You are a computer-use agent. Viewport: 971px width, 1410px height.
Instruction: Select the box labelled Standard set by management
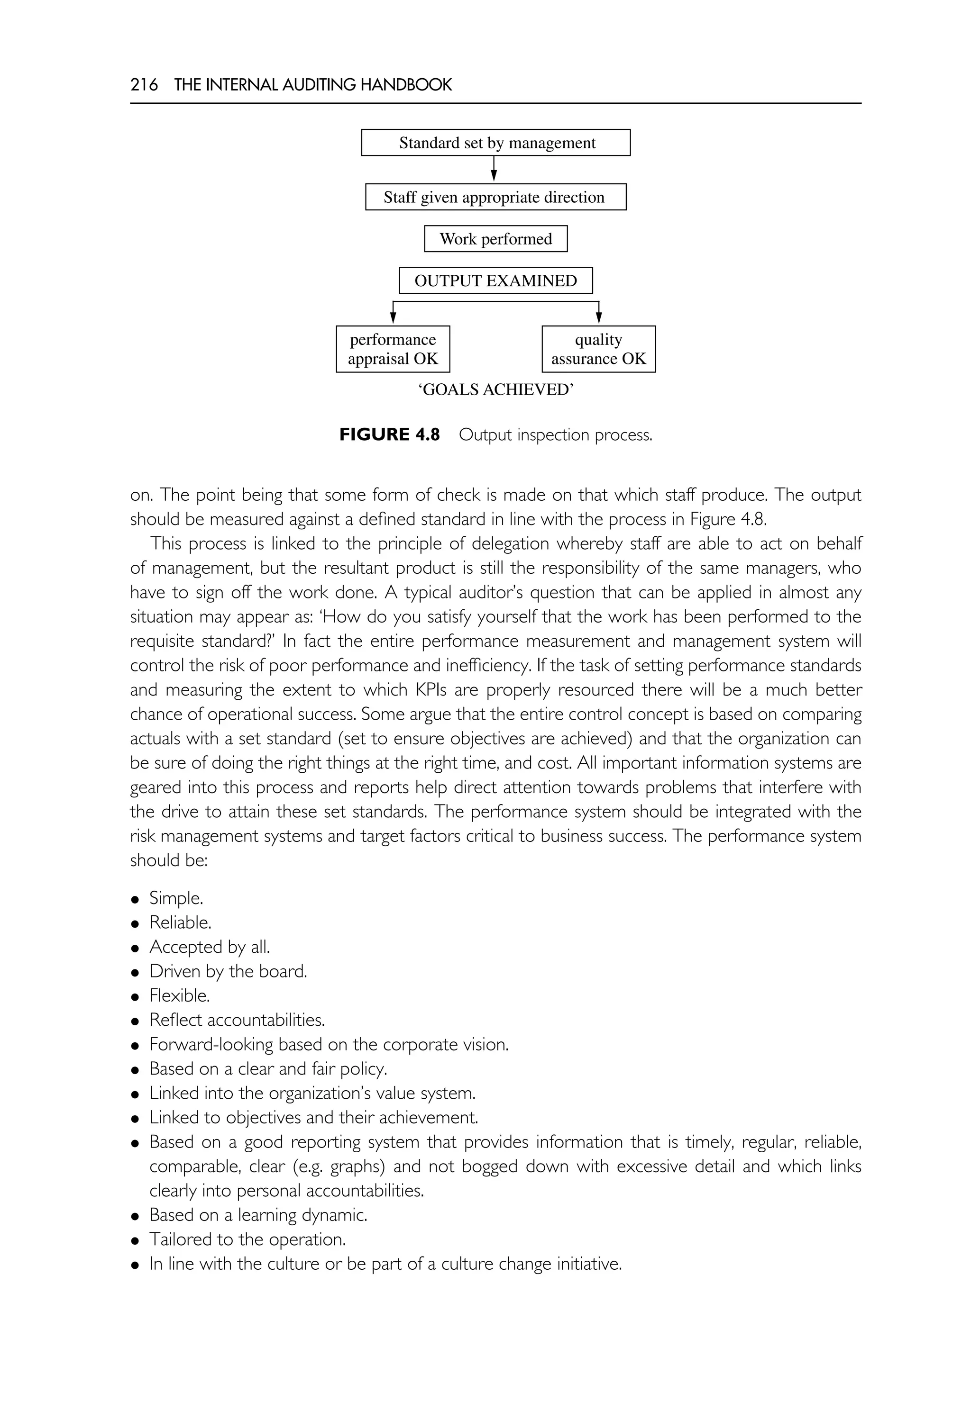tap(495, 143)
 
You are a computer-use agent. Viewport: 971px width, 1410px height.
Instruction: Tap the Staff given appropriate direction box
tap(495, 197)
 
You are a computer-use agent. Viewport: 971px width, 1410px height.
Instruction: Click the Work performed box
tap(495, 239)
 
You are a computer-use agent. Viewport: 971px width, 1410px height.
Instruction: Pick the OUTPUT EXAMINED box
tap(495, 281)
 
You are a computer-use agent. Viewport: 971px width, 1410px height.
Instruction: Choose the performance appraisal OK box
tap(393, 349)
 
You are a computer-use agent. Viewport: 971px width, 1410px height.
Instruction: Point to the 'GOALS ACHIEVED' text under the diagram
tap(495, 390)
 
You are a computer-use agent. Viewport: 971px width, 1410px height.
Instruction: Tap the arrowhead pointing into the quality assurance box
tap(599, 318)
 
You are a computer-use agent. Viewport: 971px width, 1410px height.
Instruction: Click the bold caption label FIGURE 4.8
tap(389, 435)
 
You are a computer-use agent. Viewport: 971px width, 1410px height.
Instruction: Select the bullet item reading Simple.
tap(176, 898)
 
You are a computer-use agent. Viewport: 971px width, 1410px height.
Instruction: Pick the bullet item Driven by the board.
tap(228, 971)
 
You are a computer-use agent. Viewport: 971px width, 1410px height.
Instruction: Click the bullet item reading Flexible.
tap(180, 995)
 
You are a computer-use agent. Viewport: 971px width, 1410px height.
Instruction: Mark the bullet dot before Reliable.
tap(135, 923)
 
